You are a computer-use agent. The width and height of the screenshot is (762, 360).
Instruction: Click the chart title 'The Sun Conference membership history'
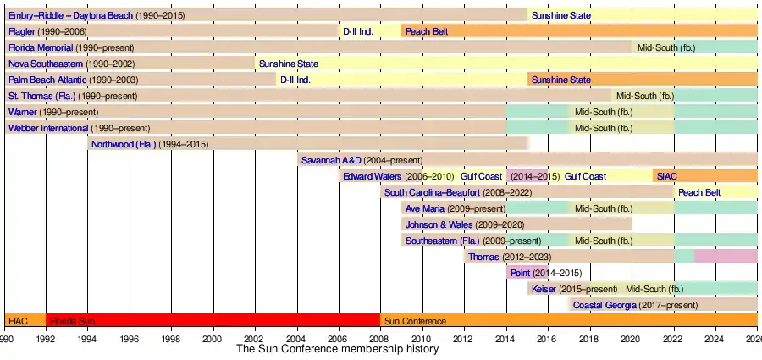337,349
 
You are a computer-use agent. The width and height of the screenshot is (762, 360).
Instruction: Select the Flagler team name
22,31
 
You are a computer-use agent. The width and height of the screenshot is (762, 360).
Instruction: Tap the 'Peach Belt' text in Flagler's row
427,31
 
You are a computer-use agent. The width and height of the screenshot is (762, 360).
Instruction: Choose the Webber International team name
48,128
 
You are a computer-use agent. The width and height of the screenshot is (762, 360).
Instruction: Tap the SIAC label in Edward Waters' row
667,176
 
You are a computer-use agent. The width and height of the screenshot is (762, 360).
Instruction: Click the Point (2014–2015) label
520,273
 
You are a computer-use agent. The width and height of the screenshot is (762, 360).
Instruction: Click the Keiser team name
544,289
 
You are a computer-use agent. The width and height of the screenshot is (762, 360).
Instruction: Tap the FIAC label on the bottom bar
18,321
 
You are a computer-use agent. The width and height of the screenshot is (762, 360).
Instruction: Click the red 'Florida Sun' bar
212,321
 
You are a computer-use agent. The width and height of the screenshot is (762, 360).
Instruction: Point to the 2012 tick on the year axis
464,339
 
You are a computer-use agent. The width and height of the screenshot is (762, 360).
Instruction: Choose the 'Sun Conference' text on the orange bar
415,321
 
